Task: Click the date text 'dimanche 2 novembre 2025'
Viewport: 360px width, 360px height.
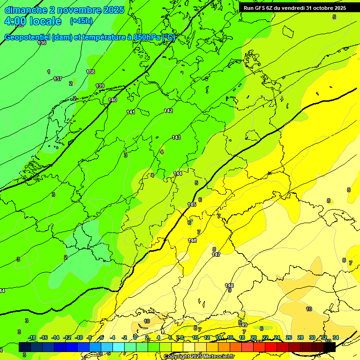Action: coord(64,10)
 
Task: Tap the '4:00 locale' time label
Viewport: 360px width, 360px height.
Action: coord(32,21)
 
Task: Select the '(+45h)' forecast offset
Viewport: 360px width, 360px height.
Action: coord(81,21)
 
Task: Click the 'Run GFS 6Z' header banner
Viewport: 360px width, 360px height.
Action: coord(294,7)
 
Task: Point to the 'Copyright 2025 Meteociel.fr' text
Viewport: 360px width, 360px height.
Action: coord(199,356)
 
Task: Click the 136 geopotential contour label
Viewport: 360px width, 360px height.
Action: coord(42,43)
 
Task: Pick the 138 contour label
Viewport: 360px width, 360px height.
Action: coord(90,72)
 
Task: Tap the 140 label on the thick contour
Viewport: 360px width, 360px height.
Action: coord(112,100)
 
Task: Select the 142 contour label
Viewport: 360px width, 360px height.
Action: coord(168,111)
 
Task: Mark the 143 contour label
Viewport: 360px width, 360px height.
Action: coord(176,137)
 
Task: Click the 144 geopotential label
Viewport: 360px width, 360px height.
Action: coord(178,173)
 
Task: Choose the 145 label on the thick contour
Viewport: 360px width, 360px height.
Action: coord(192,204)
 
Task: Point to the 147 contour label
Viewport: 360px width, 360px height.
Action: coord(216,255)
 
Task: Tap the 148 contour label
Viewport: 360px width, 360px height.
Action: coord(229,285)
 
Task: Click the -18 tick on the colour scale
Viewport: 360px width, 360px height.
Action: coord(32,338)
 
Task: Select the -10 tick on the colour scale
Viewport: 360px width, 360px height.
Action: coord(79,338)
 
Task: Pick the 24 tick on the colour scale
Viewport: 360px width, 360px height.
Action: coord(277,338)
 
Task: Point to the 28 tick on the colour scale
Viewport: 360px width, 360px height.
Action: coord(300,338)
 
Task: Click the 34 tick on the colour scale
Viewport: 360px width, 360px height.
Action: coord(336,338)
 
